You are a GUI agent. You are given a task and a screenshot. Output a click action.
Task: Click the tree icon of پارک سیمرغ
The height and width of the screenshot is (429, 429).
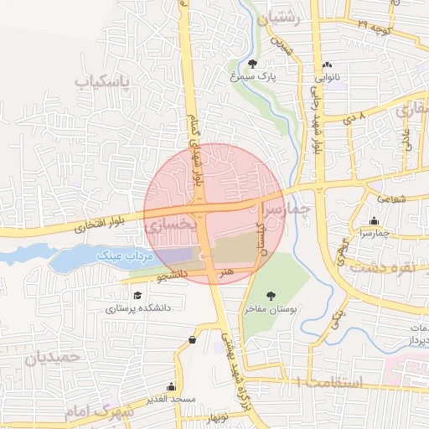click(x=253, y=64)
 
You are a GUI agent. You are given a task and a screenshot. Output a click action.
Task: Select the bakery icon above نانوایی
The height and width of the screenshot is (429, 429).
click(x=327, y=65)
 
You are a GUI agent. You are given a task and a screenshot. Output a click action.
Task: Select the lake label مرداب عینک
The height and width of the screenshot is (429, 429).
click(x=122, y=253)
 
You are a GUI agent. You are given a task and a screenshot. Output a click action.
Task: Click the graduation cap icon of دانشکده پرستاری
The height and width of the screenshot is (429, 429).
click(x=136, y=294)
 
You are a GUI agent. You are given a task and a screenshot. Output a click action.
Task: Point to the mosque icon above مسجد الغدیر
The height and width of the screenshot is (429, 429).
click(x=172, y=386)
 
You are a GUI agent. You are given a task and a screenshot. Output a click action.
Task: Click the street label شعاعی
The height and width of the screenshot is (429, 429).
click(x=391, y=199)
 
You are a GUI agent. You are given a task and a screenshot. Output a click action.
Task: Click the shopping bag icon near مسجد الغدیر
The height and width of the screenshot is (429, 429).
click(x=194, y=339)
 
